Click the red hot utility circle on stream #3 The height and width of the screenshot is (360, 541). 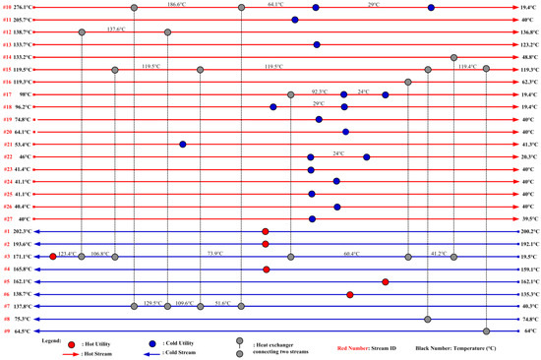[x=53, y=256]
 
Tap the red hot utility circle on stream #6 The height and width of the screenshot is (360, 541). [x=350, y=293]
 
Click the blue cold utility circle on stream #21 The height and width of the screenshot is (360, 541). [x=183, y=144]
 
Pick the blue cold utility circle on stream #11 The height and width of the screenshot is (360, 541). [x=295, y=20]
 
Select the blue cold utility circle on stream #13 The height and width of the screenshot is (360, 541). [x=316, y=44]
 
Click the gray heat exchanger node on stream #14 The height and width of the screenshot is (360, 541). [x=453, y=57]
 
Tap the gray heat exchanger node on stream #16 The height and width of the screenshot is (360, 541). [x=408, y=82]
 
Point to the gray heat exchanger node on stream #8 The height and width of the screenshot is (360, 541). [x=427, y=319]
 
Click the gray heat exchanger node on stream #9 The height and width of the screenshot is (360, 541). [x=486, y=331]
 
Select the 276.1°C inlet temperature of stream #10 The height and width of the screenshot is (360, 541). [x=25, y=7]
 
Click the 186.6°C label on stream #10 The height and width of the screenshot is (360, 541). [x=178, y=4]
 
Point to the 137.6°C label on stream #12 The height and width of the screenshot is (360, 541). [x=117, y=29]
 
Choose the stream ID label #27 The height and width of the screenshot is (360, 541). [x=8, y=218]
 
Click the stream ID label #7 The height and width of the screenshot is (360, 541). [x=8, y=306]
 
